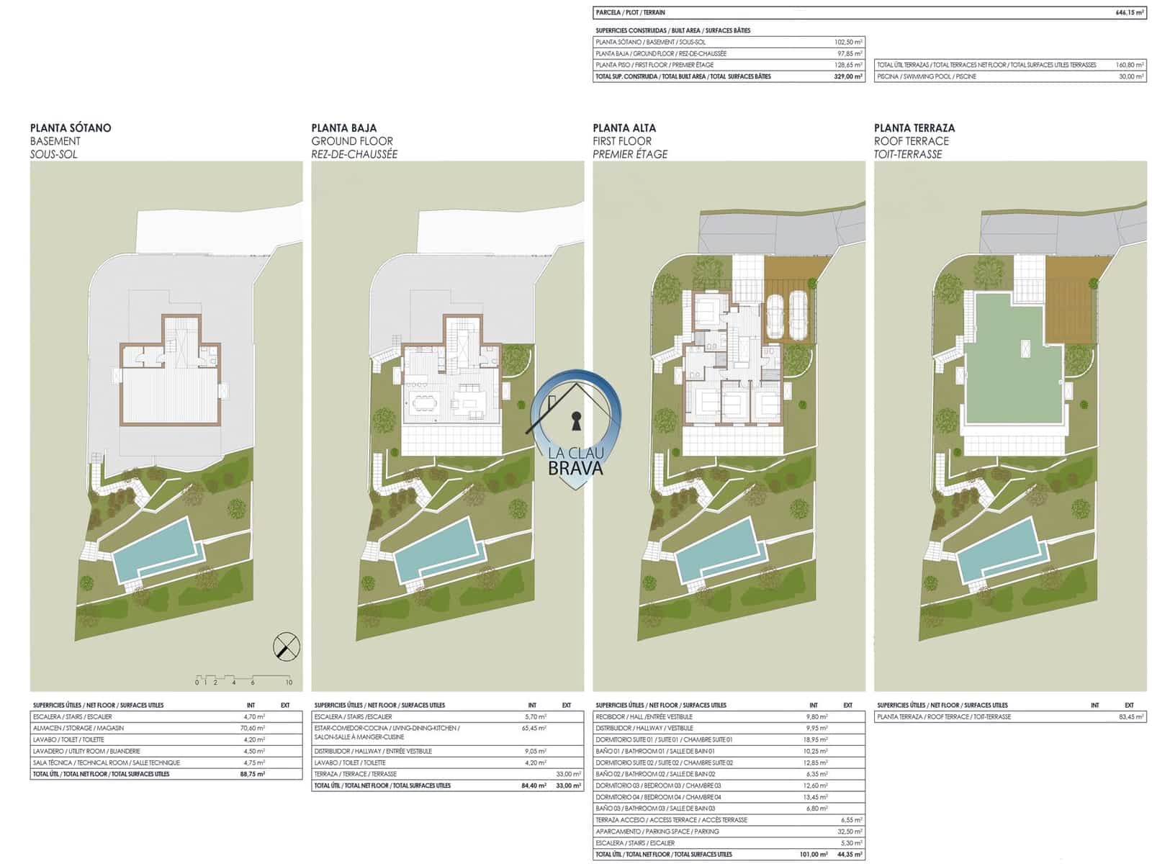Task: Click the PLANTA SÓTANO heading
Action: (x=71, y=128)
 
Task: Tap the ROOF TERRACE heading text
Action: (x=911, y=141)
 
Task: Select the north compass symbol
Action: (x=287, y=646)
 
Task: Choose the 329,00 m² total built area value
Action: (x=848, y=76)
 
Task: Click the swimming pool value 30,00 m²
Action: (x=1130, y=76)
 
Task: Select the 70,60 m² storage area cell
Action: (x=254, y=728)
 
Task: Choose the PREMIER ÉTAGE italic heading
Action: (x=629, y=154)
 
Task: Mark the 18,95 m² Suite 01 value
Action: (x=816, y=739)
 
